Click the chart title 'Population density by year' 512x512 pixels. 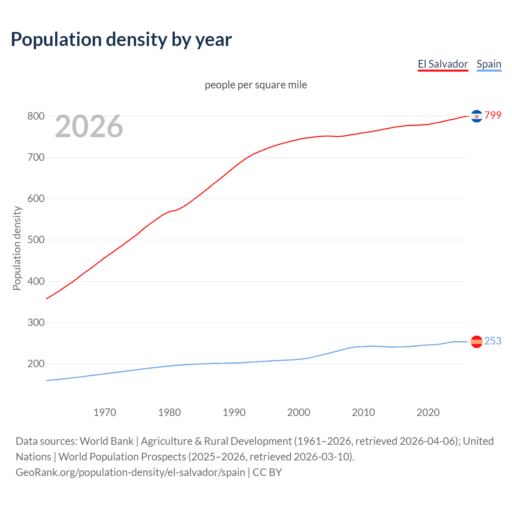point(121,40)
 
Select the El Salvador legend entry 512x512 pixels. point(443,64)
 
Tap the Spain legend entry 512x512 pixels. point(489,64)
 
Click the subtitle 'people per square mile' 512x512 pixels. point(256,85)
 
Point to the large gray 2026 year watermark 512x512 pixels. point(89,127)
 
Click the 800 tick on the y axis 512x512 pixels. point(36,116)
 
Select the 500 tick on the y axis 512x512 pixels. point(36,240)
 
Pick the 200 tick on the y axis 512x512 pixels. point(36,364)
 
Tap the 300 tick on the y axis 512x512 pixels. point(36,322)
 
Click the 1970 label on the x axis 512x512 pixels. point(105,412)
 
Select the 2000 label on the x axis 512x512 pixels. point(299,412)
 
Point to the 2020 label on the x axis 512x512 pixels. point(428,412)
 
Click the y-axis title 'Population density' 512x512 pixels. point(17,248)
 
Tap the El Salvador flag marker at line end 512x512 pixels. point(476,116)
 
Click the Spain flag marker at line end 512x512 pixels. point(476,342)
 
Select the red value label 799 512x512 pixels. point(493,116)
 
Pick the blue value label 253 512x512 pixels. point(493,341)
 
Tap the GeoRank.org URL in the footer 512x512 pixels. point(130,472)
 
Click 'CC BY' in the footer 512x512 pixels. point(267,472)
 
